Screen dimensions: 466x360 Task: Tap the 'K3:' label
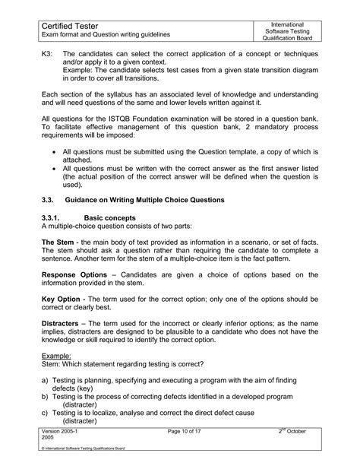point(46,55)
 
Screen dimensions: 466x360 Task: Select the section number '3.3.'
point(49,200)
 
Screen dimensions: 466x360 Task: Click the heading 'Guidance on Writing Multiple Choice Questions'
point(154,200)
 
